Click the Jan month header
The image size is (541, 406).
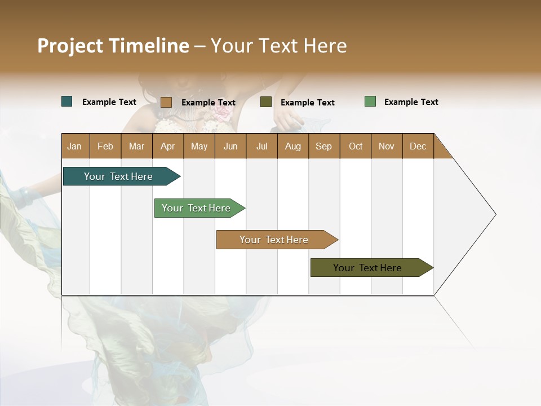click(75, 146)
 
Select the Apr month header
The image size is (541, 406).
click(168, 146)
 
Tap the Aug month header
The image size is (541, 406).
click(293, 146)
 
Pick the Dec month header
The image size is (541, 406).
click(418, 146)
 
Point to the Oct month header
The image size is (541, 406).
click(356, 146)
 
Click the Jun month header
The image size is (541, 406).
click(230, 146)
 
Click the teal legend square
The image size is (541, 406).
click(67, 101)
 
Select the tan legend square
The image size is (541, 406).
click(166, 102)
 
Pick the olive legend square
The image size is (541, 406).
click(266, 102)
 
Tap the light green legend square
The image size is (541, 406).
click(370, 101)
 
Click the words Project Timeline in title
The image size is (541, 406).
click(113, 46)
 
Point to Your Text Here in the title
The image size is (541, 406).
click(279, 46)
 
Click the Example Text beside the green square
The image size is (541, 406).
click(411, 102)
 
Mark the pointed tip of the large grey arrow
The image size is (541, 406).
click(495, 214)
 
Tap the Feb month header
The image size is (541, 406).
click(105, 146)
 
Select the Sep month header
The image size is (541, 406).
click(324, 146)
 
